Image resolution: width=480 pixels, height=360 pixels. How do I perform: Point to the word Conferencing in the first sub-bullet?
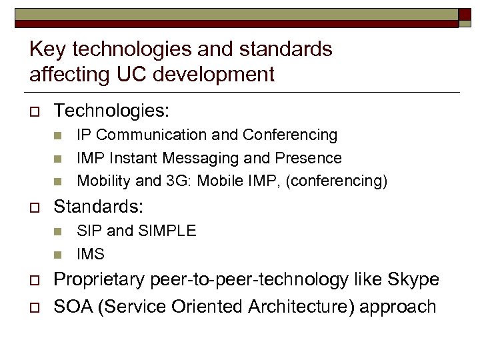tap(290, 135)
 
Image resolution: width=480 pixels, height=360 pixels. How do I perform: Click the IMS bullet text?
tap(91, 254)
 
